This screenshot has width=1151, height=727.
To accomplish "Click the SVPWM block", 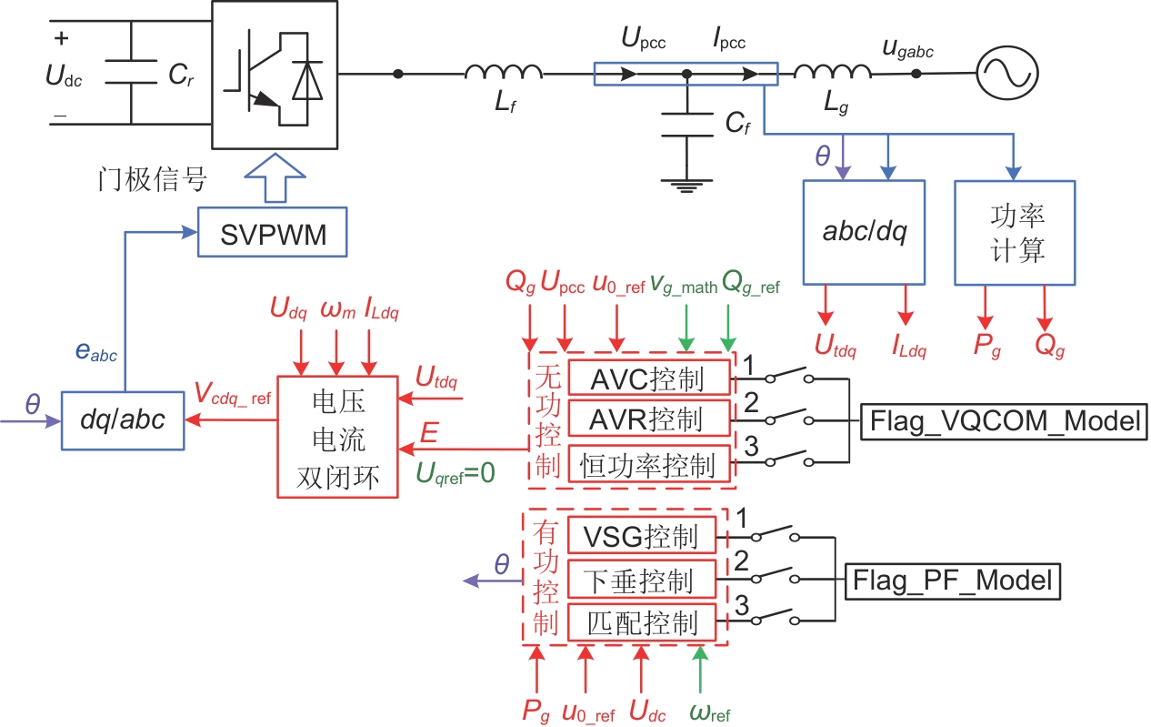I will click(262, 238).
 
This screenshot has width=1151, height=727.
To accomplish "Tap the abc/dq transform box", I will click(863, 232).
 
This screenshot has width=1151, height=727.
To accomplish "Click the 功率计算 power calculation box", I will click(1014, 232).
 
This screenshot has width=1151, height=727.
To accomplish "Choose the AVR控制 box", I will click(646, 420).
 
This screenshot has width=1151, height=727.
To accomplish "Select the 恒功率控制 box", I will click(646, 465).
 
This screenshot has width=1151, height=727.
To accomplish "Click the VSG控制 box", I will click(641, 535).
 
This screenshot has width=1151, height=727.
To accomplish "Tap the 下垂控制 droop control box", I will click(641, 580).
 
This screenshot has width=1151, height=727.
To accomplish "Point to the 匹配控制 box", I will click(641, 623).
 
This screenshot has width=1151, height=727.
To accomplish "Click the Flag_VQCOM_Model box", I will click(1004, 421).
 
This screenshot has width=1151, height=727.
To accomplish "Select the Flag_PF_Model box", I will click(953, 580).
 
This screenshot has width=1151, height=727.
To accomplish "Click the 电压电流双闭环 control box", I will click(336, 438).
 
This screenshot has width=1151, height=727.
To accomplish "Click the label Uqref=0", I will click(455, 473).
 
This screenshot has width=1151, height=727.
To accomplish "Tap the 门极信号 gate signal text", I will click(153, 179).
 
